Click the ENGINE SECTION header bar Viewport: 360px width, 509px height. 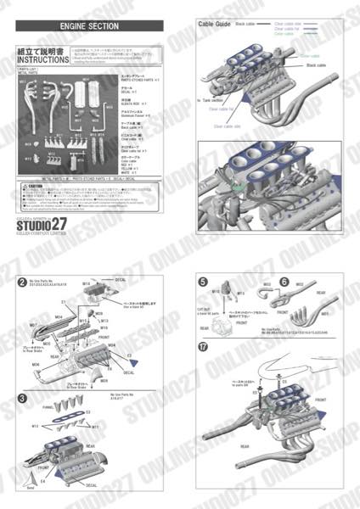[89, 26]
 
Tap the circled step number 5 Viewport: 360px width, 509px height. [203, 282]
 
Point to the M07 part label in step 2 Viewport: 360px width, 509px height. [33, 325]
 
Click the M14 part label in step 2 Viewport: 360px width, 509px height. [86, 283]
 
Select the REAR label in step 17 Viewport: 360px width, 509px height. [244, 445]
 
